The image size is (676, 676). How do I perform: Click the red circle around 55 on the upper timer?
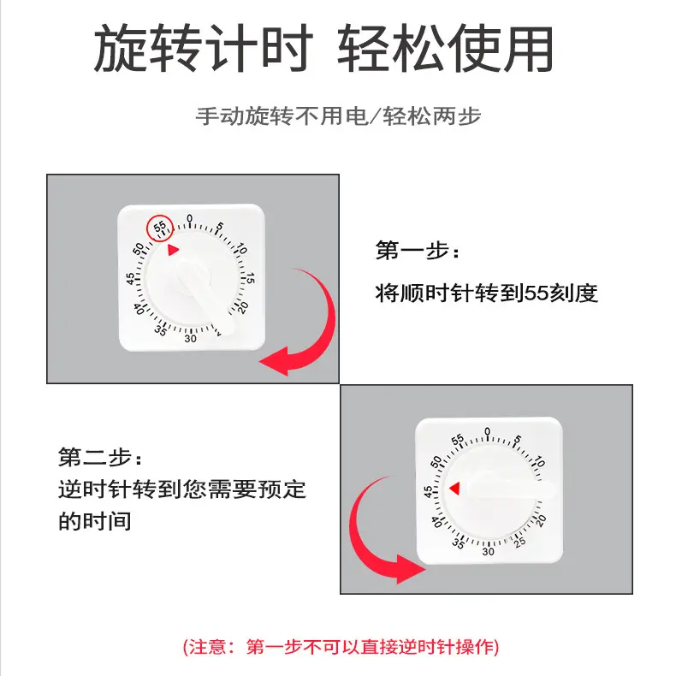click(160, 228)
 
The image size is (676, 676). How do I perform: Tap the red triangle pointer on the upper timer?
click(174, 250)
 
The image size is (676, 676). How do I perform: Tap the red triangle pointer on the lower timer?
click(455, 488)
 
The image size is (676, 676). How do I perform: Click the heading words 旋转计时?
click(201, 50)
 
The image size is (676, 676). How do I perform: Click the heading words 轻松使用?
click(445, 50)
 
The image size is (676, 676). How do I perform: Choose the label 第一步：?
click(418, 252)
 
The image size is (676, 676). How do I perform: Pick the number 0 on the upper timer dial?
click(190, 218)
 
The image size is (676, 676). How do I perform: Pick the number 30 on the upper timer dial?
click(190, 338)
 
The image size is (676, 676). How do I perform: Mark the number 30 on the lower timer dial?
click(488, 551)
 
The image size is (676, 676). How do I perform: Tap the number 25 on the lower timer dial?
click(519, 542)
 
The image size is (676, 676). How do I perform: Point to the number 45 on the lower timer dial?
click(428, 492)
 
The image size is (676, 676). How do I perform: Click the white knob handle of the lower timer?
click(513, 492)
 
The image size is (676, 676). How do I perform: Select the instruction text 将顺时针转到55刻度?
click(486, 294)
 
